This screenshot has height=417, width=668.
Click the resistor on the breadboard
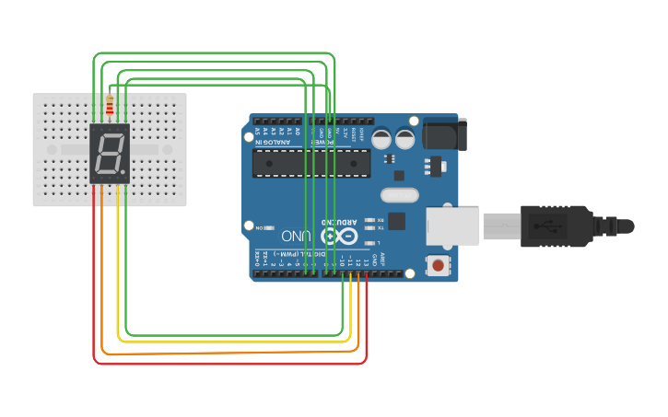[x=111, y=107]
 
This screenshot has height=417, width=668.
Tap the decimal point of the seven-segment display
[x=123, y=172]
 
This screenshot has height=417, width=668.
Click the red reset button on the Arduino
[x=439, y=266]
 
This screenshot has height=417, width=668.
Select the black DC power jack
[x=444, y=134]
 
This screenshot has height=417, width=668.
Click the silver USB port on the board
[x=451, y=226]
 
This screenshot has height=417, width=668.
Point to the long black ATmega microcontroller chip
[x=311, y=162]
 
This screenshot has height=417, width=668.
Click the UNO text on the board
[x=296, y=237]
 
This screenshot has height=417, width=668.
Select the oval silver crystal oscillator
[x=399, y=194]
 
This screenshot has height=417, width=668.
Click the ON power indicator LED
[x=268, y=226]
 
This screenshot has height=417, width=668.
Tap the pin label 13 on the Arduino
[x=367, y=263]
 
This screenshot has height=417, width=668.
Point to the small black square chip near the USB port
[x=397, y=221]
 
